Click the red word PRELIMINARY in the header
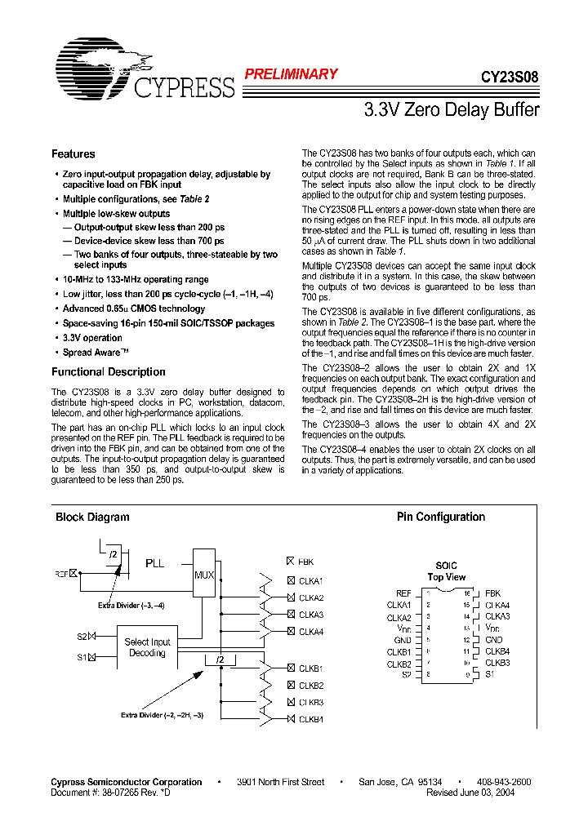click(x=292, y=74)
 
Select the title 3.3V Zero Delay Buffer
click(x=451, y=109)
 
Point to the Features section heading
click(x=73, y=154)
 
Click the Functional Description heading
click(x=108, y=372)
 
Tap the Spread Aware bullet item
click(x=96, y=353)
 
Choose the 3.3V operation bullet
click(x=92, y=338)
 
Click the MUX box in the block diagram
click(x=203, y=575)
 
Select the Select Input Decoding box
click(x=147, y=647)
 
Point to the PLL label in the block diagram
click(x=154, y=563)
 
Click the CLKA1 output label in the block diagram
click(x=310, y=581)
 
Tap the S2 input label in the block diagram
click(x=82, y=636)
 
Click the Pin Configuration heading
click(x=440, y=517)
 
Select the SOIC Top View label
click(x=446, y=571)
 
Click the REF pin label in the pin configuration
click(x=403, y=593)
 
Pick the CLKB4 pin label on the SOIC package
click(x=497, y=652)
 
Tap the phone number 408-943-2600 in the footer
click(x=503, y=782)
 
